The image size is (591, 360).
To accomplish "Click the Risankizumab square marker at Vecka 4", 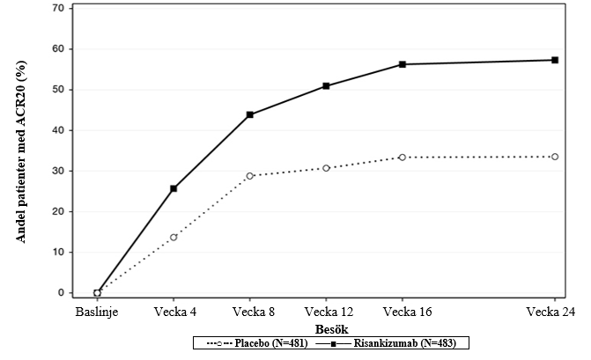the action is pos(174,188).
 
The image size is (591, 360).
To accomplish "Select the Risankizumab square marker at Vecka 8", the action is pos(250,114).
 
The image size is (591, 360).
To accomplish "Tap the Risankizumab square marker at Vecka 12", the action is pos(326,86).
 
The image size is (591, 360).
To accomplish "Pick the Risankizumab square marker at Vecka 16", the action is pos(403,64).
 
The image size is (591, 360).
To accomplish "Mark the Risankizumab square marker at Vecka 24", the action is pos(555,60).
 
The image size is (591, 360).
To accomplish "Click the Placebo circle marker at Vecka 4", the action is pos(174,238).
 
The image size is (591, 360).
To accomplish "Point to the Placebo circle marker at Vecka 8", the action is pos(250,176).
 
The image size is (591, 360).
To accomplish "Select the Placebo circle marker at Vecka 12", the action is pos(326,168).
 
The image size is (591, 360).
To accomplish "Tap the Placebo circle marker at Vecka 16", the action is pos(403,157).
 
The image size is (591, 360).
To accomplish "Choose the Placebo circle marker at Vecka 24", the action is pos(555,157).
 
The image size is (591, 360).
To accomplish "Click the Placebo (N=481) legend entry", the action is pos(257,343).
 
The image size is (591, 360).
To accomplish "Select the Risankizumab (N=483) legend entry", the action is pos(386,343).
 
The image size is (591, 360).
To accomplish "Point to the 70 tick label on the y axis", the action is pos(59,8).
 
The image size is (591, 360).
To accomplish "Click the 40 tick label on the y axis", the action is pos(59,130).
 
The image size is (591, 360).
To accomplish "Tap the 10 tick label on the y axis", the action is pos(59,252).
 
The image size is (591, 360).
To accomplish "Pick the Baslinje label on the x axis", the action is pos(97,312).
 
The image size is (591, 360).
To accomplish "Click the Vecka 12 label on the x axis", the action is pos(329,312).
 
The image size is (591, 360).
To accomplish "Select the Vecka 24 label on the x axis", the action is pos(550,312).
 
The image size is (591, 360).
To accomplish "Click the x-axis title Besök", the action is pos(332,329).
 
